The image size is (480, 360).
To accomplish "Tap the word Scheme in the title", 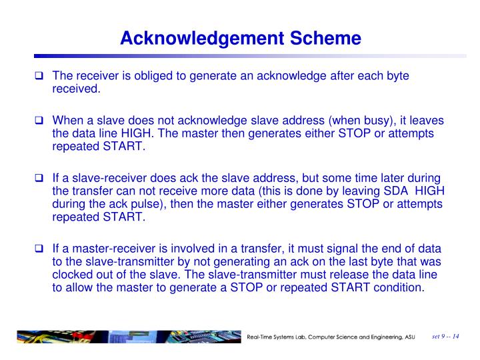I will click(327, 39).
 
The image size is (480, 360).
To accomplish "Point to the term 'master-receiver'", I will click(107, 250).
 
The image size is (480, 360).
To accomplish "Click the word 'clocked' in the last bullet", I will click(71, 275).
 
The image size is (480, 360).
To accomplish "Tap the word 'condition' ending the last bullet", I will click(397, 288).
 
